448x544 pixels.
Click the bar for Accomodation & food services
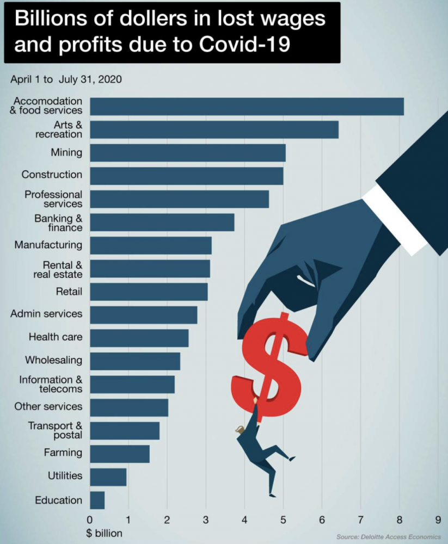(x=247, y=107)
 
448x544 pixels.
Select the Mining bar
(x=188, y=153)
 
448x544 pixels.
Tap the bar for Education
(x=97, y=500)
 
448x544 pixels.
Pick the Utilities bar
(x=108, y=477)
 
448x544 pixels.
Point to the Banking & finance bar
(x=162, y=222)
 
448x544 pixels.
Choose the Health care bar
(x=139, y=338)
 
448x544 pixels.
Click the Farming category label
(x=63, y=453)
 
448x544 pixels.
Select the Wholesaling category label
(x=54, y=360)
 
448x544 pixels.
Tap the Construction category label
(x=52, y=175)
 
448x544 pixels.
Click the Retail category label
(x=69, y=292)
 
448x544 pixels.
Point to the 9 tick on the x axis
(x=438, y=518)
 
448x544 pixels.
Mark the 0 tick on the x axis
(x=90, y=518)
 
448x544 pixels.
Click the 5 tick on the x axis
(x=283, y=518)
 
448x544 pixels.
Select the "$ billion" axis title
(x=105, y=533)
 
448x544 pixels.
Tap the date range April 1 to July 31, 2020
(x=66, y=79)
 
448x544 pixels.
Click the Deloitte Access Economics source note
(x=388, y=537)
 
